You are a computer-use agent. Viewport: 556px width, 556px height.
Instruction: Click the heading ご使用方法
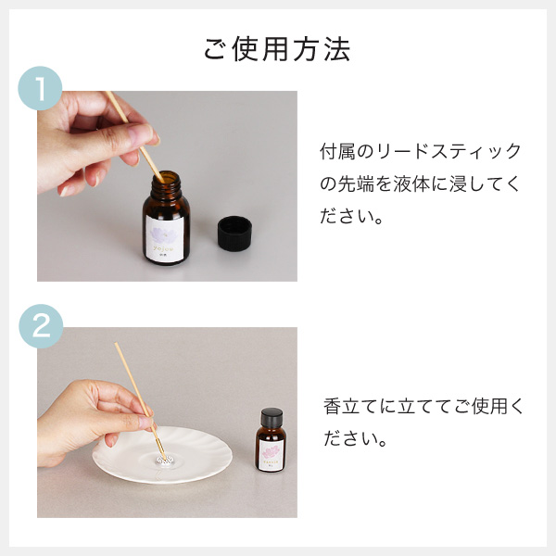point(277,49)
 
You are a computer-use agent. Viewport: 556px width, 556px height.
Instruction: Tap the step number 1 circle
point(40,90)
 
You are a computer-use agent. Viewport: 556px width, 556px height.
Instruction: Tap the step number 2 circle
point(40,327)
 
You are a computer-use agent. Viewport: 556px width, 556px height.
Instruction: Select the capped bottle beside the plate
point(271,443)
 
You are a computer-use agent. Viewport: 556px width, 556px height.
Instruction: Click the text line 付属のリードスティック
point(420,152)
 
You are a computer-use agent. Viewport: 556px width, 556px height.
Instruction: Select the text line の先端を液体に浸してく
point(420,185)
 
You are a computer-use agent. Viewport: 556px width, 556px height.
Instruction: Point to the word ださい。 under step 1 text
point(352,220)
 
